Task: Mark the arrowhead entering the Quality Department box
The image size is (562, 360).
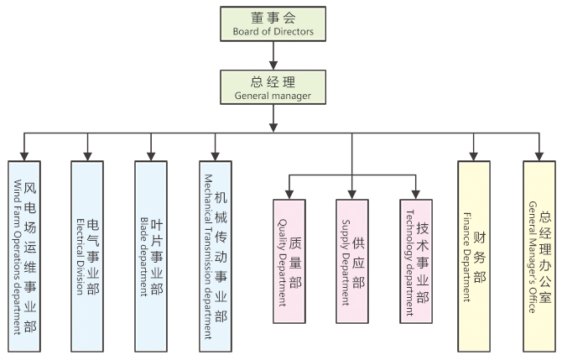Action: (289, 194)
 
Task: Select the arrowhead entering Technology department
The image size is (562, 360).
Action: (416, 194)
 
